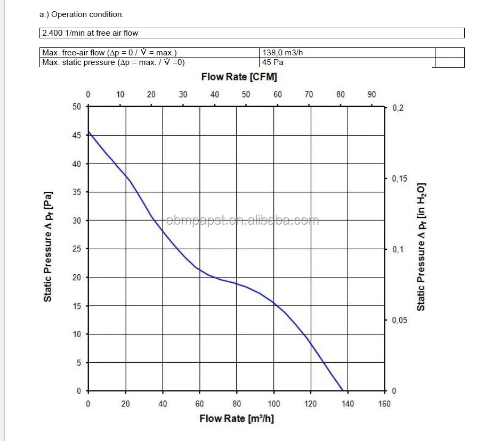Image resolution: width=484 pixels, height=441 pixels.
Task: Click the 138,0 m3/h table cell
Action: (283, 52)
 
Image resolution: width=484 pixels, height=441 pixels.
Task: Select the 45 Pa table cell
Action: (272, 62)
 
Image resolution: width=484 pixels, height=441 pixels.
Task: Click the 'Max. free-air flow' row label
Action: (109, 52)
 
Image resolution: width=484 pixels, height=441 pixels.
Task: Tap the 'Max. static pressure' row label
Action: (113, 62)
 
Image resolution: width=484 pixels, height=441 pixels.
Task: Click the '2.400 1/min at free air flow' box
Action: (90, 33)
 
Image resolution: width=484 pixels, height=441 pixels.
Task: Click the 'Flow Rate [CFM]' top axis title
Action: (239, 77)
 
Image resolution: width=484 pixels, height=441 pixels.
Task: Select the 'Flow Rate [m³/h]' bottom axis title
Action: (237, 418)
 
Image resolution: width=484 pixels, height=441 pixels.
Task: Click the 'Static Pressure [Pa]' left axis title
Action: (48, 246)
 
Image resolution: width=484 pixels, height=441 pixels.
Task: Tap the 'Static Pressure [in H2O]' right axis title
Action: (421, 248)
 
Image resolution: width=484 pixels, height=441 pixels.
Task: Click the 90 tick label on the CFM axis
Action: (372, 94)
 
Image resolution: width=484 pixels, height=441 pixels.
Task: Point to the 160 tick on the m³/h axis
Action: (384, 404)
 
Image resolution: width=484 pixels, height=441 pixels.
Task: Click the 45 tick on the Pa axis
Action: (77, 135)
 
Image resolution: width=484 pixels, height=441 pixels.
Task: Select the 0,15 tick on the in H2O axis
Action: (399, 178)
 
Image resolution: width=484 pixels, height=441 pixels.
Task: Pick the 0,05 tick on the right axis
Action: (399, 320)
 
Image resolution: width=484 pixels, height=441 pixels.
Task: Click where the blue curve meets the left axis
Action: (88, 132)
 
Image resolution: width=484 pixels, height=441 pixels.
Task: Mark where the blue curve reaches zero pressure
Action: (342, 390)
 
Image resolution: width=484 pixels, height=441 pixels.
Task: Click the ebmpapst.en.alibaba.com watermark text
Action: (243, 220)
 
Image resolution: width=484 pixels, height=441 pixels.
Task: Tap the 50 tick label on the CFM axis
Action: (246, 94)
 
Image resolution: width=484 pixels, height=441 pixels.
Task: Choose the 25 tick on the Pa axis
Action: (77, 249)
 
